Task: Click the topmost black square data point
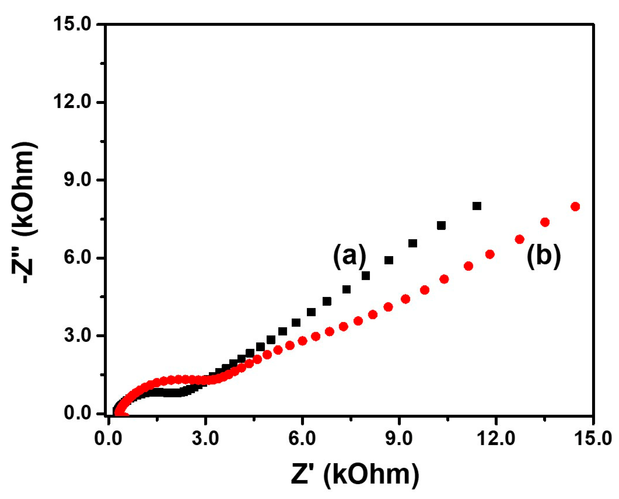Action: click(x=477, y=206)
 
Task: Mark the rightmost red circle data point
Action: click(x=575, y=207)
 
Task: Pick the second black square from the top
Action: click(x=441, y=226)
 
